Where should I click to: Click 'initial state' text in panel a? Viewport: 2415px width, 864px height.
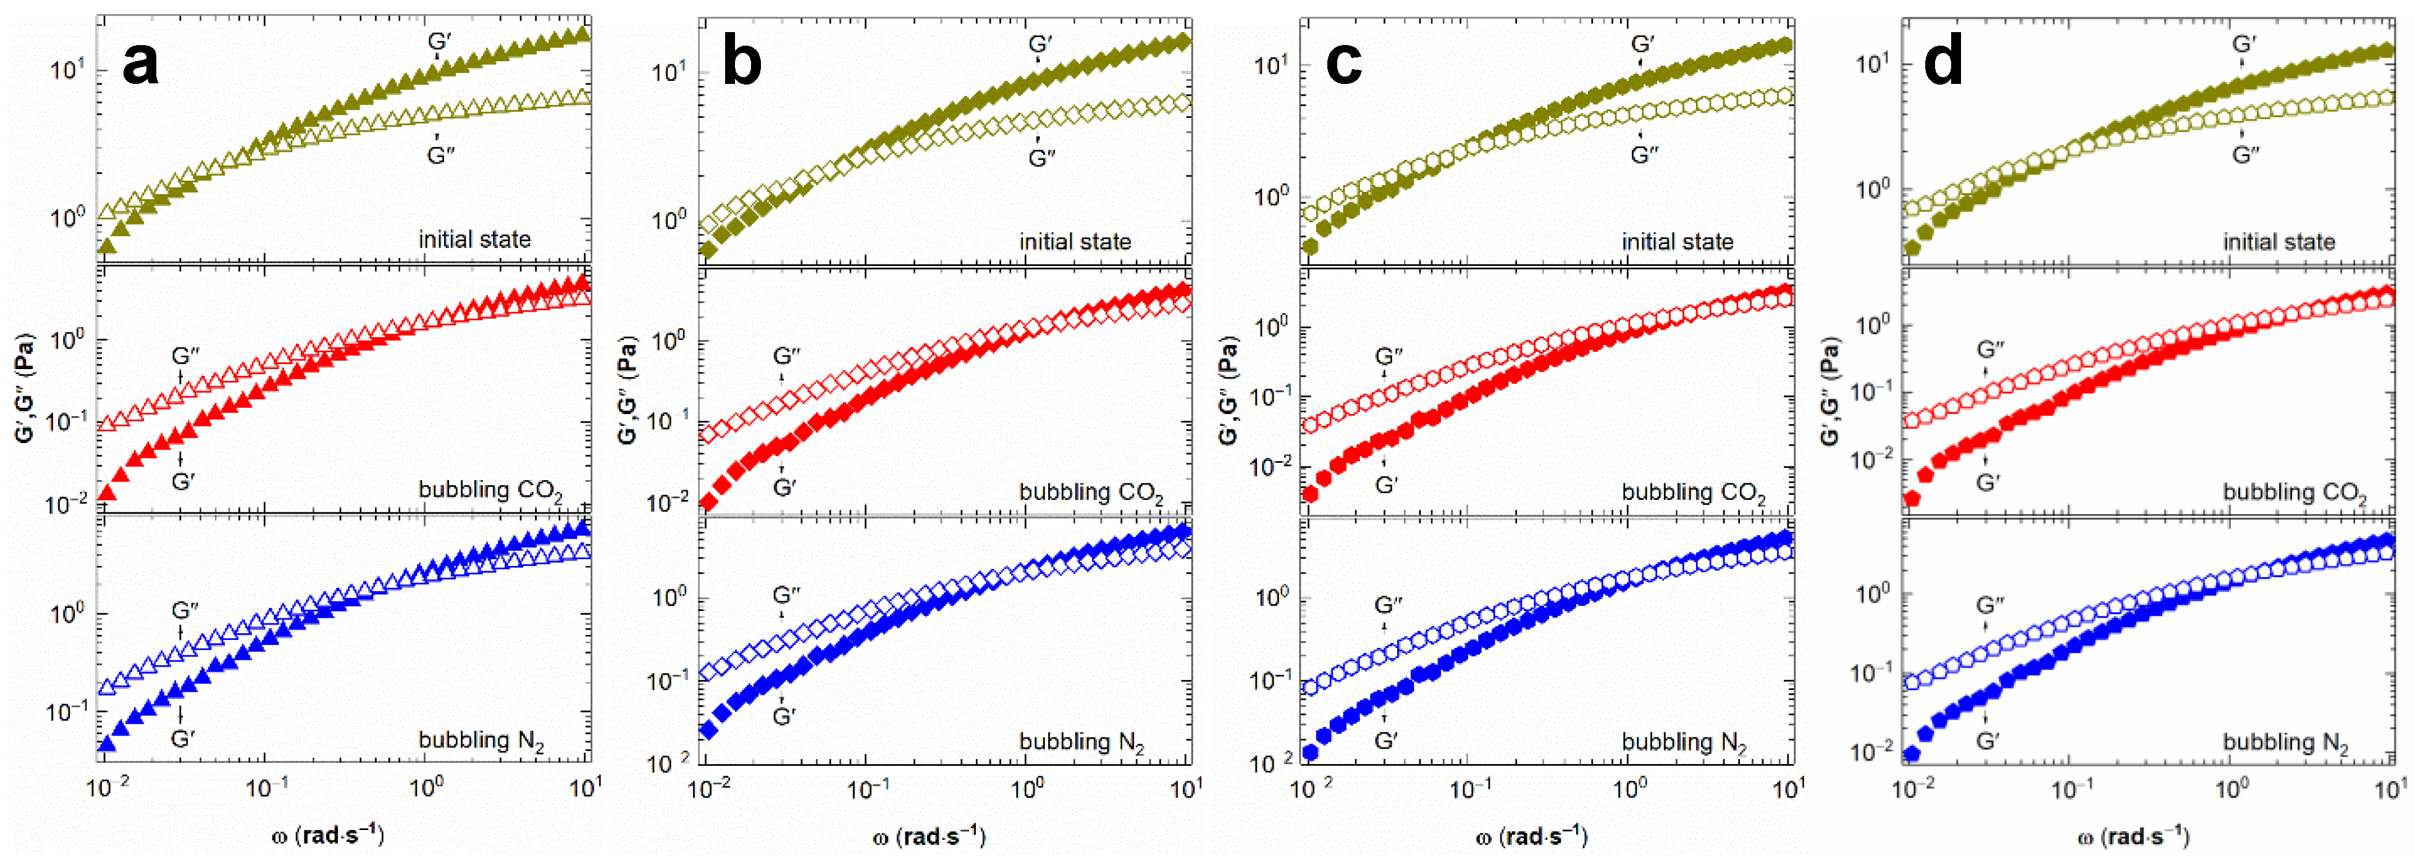(474, 240)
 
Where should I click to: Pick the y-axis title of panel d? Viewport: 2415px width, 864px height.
(1831, 391)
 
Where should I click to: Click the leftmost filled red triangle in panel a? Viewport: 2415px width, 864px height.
(107, 492)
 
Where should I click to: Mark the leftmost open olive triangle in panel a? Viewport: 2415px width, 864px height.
(107, 211)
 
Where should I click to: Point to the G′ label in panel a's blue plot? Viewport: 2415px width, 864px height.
(182, 739)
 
